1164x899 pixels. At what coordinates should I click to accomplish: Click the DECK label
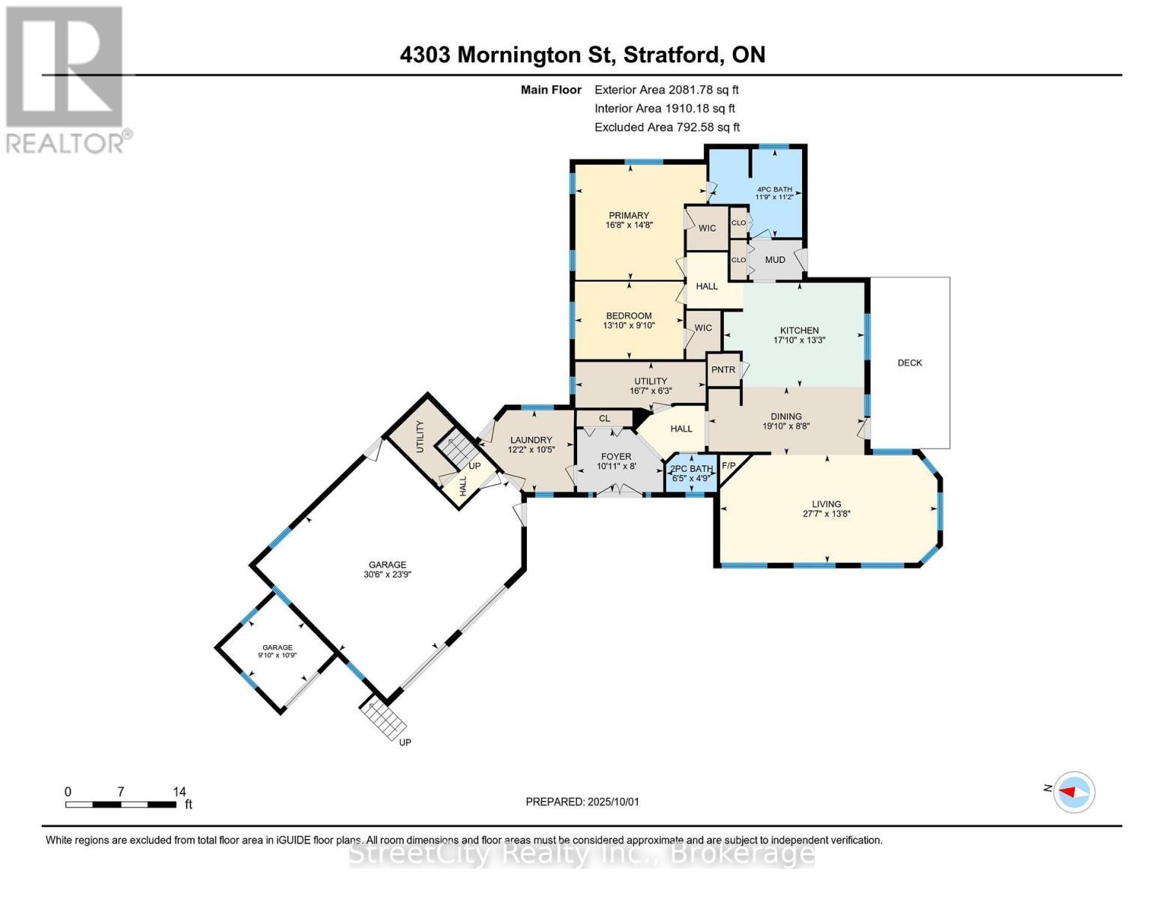[910, 363]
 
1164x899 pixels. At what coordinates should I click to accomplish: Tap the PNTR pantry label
[723, 369]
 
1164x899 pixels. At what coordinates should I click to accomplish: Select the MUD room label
[775, 260]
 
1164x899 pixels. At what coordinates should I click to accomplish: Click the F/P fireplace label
[728, 466]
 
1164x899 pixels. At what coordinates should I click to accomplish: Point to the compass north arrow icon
[1074, 792]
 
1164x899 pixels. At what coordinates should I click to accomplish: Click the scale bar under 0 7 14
[120, 805]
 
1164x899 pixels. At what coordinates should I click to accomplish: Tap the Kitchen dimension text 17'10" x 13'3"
[799, 340]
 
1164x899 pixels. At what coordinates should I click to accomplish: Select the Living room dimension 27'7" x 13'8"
[826, 514]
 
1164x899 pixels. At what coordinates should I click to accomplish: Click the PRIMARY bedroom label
[629, 216]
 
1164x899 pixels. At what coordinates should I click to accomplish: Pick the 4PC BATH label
[774, 190]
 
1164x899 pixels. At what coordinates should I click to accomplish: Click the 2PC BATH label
[691, 469]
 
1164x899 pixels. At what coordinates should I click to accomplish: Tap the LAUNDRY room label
[531, 441]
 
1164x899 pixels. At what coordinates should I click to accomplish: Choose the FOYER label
[616, 456]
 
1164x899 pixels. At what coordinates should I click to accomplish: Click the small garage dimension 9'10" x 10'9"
[277, 656]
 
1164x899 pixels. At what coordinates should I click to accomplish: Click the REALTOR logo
[66, 79]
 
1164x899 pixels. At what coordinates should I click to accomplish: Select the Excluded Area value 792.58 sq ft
[708, 127]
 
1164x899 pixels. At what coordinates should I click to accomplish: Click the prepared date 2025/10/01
[612, 802]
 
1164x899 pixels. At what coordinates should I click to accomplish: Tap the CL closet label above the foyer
[604, 419]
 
